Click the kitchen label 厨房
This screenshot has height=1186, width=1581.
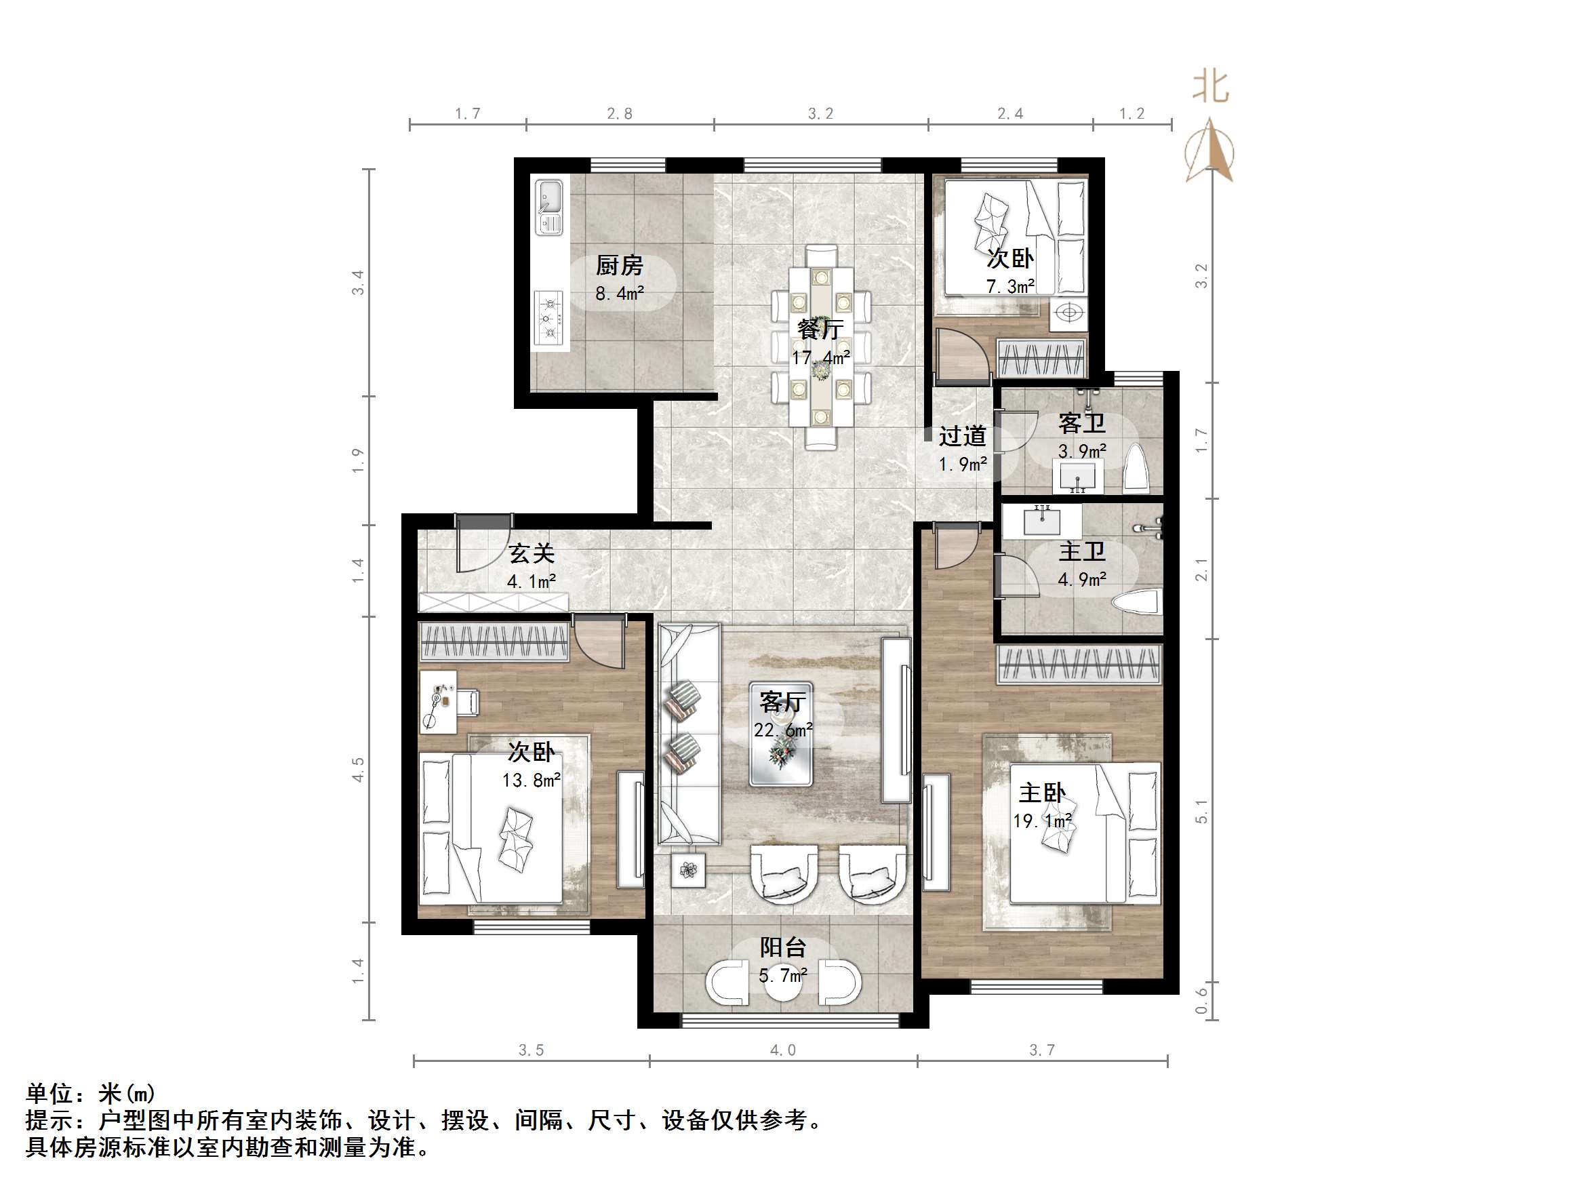coord(619,266)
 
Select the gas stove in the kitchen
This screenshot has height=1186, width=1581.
coord(548,318)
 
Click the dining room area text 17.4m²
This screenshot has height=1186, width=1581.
coord(820,357)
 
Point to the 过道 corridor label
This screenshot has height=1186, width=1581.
coord(962,436)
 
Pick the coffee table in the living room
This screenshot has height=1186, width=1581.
coord(780,734)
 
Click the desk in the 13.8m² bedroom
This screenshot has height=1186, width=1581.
coord(437,701)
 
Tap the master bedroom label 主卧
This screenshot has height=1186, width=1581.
coord(1042,793)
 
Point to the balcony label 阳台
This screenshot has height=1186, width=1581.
coord(782,948)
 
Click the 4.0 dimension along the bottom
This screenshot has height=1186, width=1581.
coord(782,1050)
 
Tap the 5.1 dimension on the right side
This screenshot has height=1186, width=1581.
coord(1201,812)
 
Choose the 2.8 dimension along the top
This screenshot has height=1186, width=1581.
coord(619,114)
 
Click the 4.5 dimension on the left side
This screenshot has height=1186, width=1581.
coord(358,769)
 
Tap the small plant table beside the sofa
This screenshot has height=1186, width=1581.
coord(688,870)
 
